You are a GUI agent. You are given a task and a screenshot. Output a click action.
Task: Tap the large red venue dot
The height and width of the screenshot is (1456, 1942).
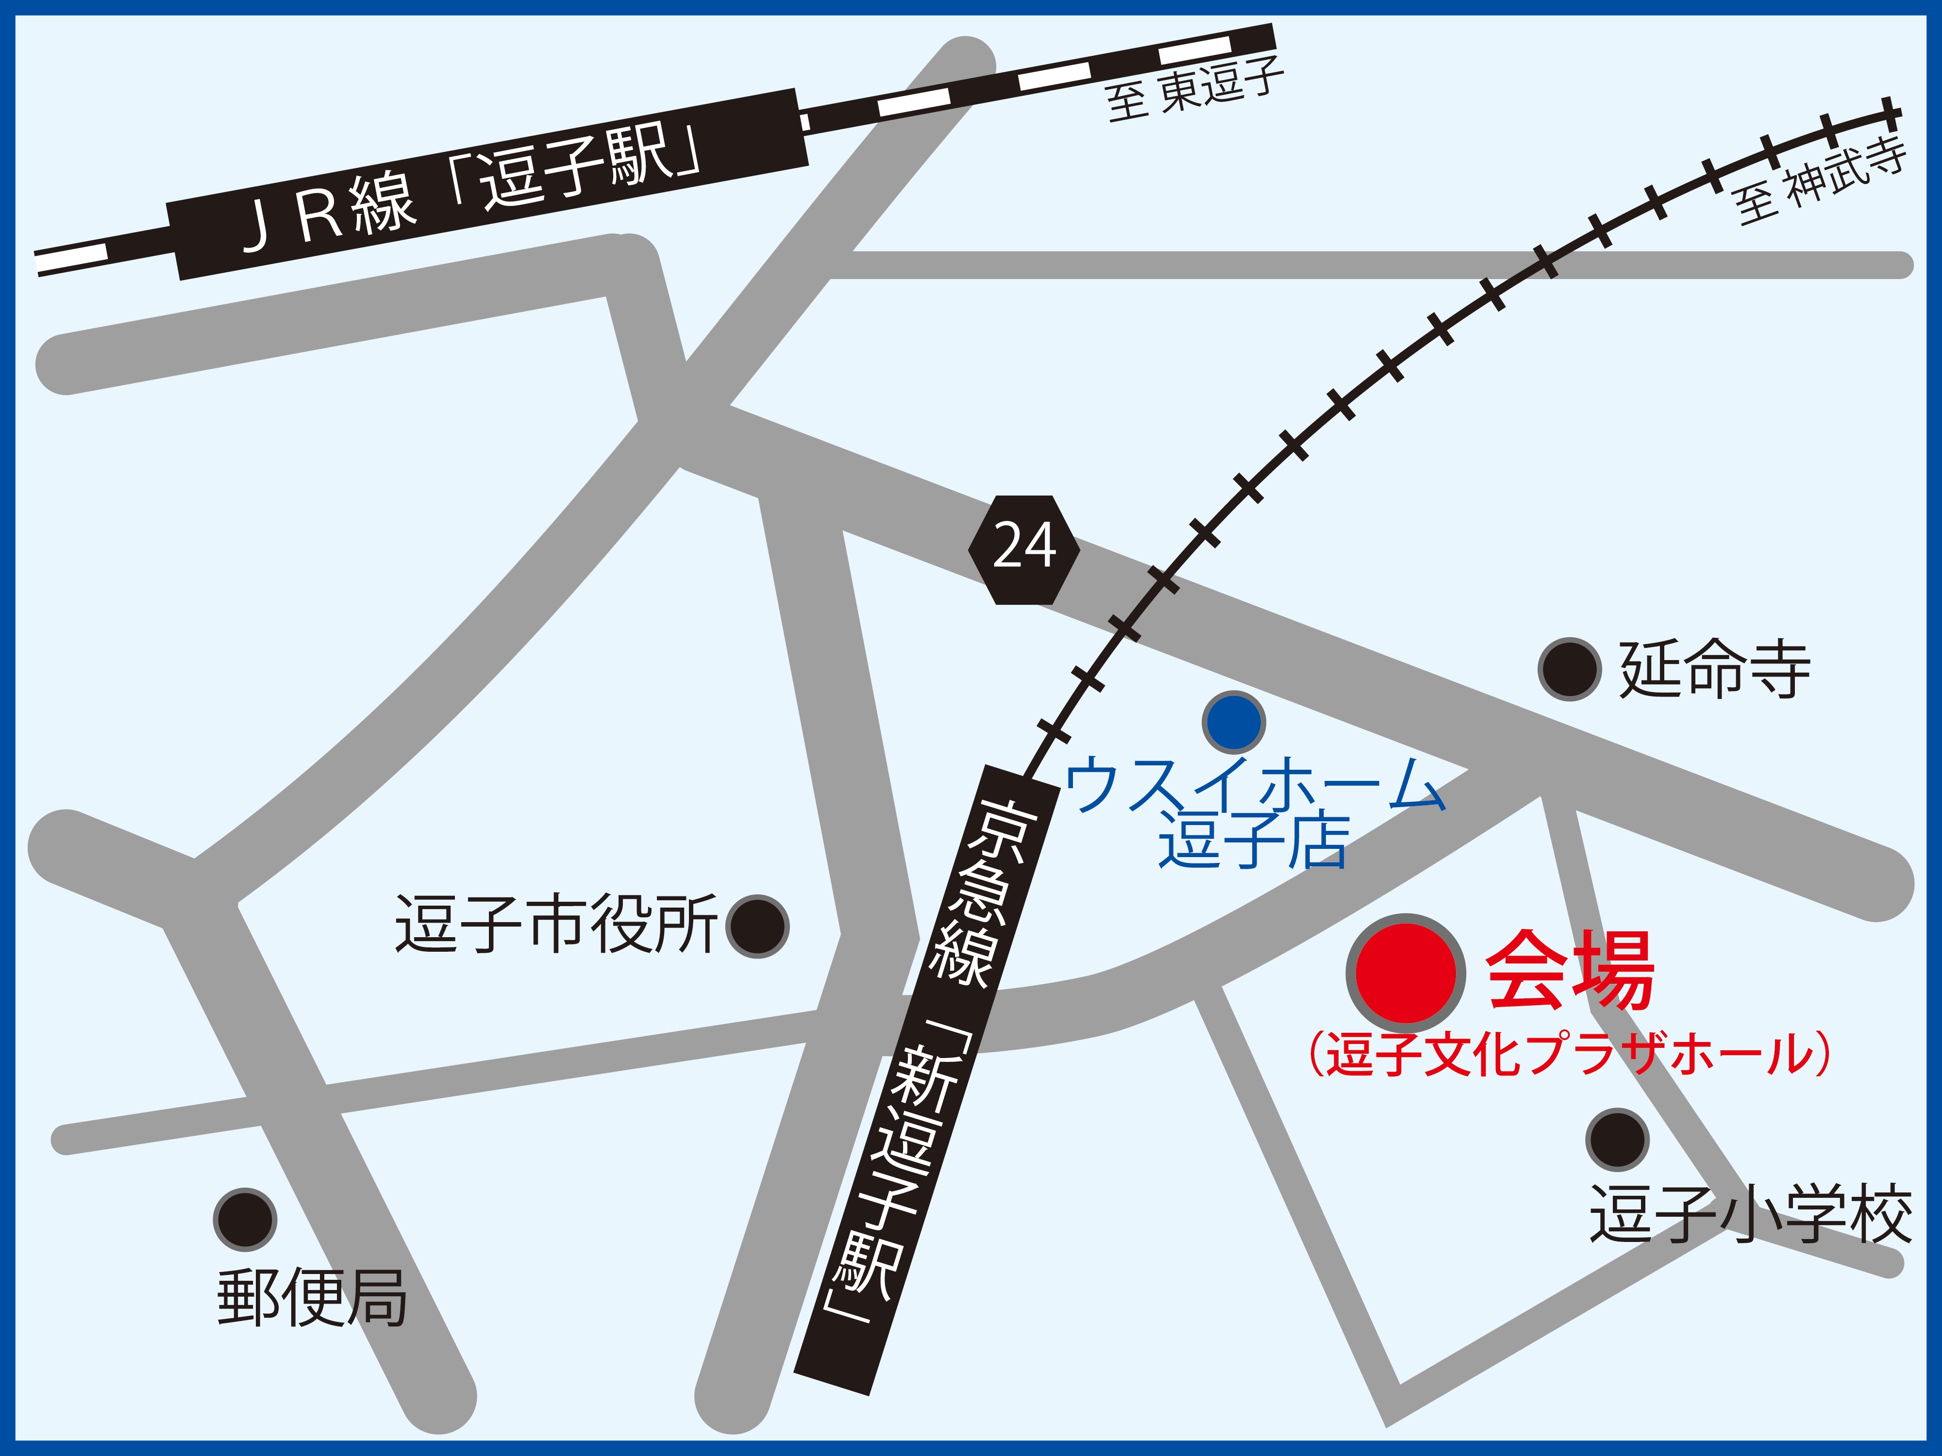(1406, 973)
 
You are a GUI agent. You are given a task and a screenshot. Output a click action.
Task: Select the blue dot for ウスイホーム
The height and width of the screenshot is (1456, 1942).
(1234, 721)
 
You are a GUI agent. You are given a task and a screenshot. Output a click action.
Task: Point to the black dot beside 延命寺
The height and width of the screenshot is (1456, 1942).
(1570, 669)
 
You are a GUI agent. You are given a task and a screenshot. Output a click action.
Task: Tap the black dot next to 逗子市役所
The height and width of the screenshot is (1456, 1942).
(758, 926)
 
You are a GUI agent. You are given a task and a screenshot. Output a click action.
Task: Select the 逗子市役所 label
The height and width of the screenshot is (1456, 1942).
(556, 924)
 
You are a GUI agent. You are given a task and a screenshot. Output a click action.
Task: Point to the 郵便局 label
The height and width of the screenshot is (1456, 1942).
(312, 1297)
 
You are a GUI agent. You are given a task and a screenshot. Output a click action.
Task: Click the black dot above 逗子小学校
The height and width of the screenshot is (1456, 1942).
(1617, 1139)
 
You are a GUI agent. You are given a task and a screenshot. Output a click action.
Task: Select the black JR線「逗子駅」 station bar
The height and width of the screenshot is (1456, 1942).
(487, 184)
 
